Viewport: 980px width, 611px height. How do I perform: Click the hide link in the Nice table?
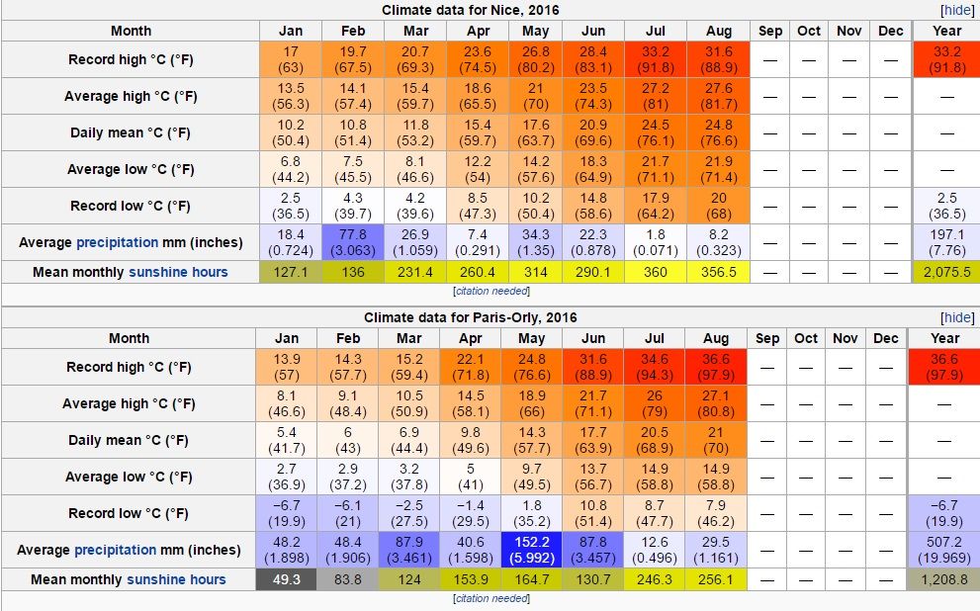(x=957, y=10)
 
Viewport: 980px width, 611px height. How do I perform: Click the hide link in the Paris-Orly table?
(x=957, y=317)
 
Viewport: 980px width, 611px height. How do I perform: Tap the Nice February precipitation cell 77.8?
(x=353, y=242)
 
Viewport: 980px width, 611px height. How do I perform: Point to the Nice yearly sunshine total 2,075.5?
(x=946, y=272)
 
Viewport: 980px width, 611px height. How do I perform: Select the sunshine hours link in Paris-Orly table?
(x=177, y=579)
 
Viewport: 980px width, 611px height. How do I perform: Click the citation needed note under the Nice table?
(x=490, y=292)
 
